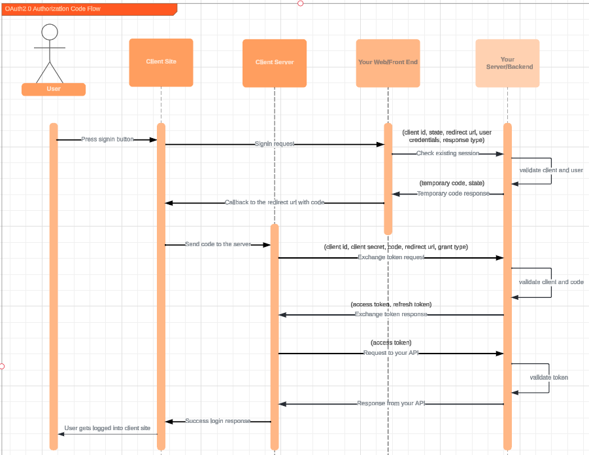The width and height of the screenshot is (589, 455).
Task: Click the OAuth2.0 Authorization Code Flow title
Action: click(53, 9)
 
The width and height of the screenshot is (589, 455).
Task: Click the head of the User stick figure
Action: click(50, 32)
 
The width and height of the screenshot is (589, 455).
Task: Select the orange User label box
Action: click(54, 89)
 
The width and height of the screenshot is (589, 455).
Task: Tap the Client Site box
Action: click(161, 62)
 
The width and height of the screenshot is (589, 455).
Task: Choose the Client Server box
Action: click(275, 63)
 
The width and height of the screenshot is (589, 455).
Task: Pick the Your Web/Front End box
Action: click(388, 63)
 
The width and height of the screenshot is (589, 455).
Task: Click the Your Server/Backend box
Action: click(507, 63)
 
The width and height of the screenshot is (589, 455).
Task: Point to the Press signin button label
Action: click(107, 139)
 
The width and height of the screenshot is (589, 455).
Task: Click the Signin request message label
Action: click(275, 144)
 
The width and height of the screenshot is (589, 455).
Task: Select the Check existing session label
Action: click(448, 154)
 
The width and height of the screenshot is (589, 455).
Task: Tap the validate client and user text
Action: click(551, 170)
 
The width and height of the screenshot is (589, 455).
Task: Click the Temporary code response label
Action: click(453, 194)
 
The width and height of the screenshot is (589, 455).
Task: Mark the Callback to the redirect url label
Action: click(275, 203)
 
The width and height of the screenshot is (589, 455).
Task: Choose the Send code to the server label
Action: click(218, 244)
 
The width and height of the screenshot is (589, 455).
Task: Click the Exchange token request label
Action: click(391, 258)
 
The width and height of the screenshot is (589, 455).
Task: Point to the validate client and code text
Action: click(551, 282)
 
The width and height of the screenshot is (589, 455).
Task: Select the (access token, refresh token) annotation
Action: click(391, 304)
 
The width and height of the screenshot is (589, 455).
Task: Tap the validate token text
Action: click(548, 378)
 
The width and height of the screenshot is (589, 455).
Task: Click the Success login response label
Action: click(218, 421)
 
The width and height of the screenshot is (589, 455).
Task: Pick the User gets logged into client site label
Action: click(107, 428)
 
